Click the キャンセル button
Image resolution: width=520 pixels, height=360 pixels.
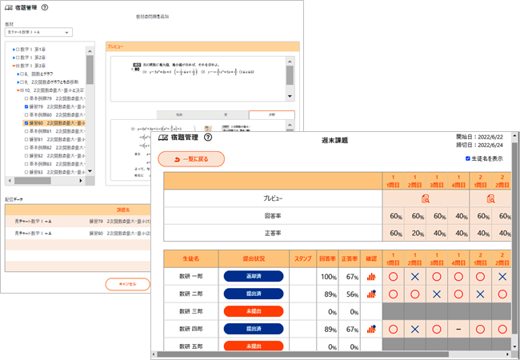click(127, 284)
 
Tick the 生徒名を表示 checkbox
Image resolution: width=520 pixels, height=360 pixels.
click(468, 158)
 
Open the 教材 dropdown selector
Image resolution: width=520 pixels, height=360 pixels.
click(41, 33)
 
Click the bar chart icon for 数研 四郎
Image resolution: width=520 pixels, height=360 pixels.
click(371, 328)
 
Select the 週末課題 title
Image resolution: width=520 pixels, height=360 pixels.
click(336, 140)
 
